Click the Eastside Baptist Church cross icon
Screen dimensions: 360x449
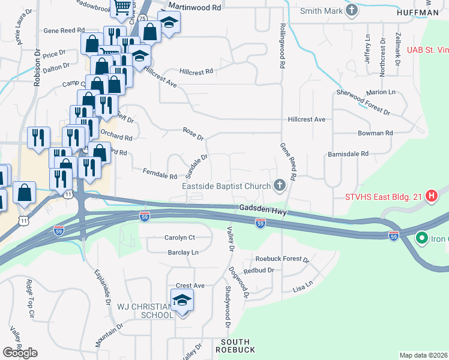tap(279, 185)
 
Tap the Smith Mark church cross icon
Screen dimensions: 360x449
tap(352, 10)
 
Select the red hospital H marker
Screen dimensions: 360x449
tap(431, 196)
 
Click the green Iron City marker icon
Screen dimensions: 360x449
tap(421, 239)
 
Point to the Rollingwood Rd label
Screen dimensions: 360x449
tap(282, 43)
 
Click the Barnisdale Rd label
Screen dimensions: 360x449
tap(348, 154)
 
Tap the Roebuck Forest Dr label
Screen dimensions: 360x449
tap(282, 259)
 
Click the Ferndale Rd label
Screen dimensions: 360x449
tap(160, 174)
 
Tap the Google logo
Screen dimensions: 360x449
tap(20, 352)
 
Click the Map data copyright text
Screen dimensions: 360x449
tap(424, 355)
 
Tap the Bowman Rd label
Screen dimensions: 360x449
tap(375, 133)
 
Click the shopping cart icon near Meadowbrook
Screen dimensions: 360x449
tap(123, 7)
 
